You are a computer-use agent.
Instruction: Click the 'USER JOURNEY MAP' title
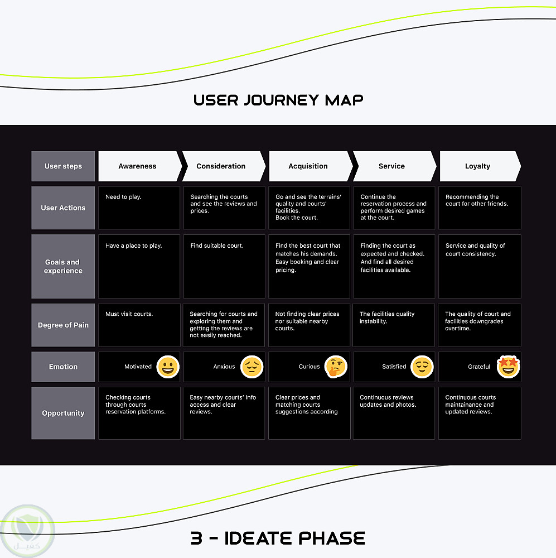(278, 100)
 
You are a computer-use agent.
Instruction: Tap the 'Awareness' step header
(138, 166)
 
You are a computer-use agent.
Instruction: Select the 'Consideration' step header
(221, 166)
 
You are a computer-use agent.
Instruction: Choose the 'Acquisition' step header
(308, 166)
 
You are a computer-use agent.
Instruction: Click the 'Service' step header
(391, 166)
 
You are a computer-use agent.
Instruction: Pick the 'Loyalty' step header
(477, 166)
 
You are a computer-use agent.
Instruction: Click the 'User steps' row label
(63, 166)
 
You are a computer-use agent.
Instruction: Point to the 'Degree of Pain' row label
(63, 325)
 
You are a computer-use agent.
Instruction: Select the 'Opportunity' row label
(63, 413)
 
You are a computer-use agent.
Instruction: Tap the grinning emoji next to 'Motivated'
(168, 367)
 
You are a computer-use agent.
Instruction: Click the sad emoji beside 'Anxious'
(252, 367)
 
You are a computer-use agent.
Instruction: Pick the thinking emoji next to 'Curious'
(336, 367)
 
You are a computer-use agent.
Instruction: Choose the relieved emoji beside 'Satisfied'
(422, 367)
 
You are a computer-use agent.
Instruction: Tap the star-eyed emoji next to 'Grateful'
(507, 367)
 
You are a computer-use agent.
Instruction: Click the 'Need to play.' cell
(139, 208)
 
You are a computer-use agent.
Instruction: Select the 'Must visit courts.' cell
(139, 325)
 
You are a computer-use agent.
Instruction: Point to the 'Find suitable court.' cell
(224, 266)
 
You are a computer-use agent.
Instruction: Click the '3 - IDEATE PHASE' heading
(278, 538)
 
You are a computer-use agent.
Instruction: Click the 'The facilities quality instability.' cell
(394, 325)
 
